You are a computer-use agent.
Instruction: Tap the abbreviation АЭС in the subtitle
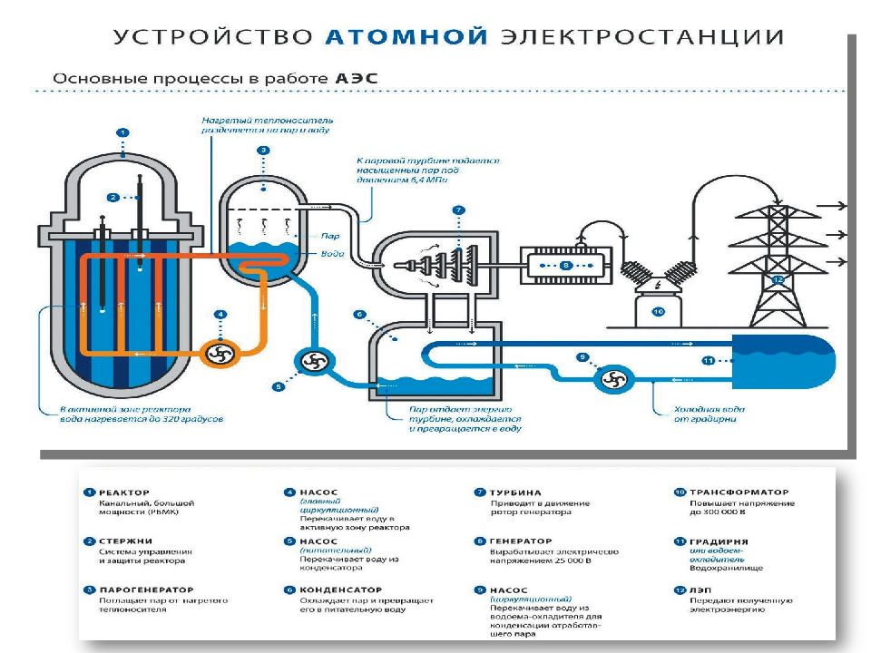[357, 79]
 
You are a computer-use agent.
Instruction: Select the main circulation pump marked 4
[218, 353]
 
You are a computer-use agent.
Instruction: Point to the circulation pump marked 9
[613, 378]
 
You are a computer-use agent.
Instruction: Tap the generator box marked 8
[565, 265]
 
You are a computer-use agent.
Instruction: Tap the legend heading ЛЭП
[701, 589]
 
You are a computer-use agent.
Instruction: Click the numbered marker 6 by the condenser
[359, 315]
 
